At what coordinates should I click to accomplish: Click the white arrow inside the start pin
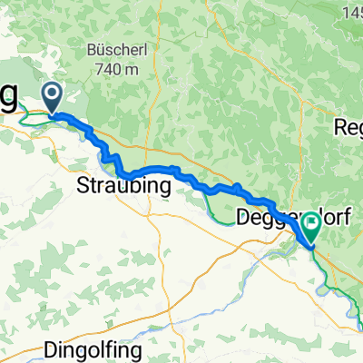point(50,93)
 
